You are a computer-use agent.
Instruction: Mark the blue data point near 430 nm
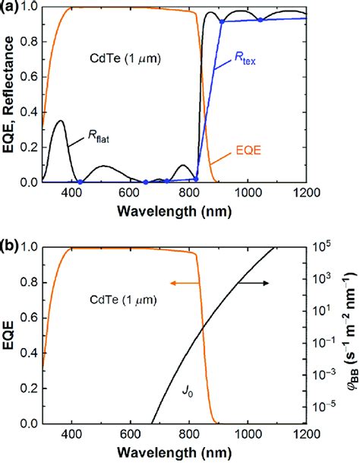click(81, 182)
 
